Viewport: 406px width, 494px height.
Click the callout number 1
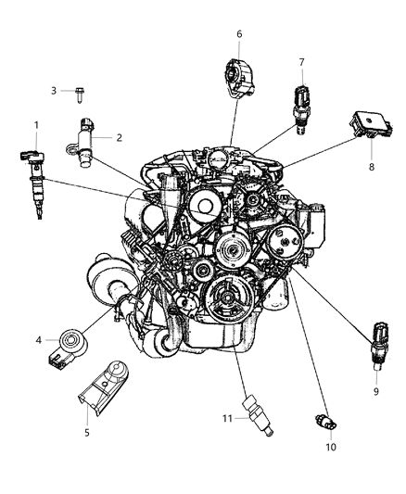37,125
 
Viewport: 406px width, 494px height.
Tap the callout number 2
119,137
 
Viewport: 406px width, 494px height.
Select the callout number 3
54,90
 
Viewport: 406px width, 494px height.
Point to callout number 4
39,340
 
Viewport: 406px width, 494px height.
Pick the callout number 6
238,34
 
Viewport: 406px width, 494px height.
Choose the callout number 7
301,62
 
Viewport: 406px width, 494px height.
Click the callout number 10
331,448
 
